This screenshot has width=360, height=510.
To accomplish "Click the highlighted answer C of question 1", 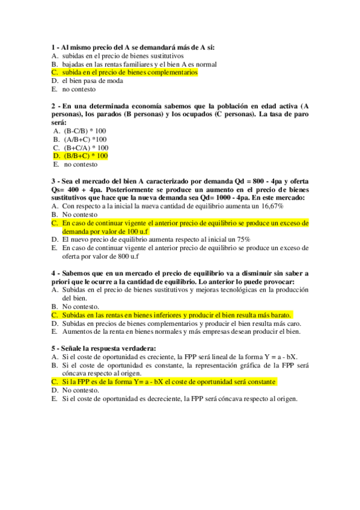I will (x=129, y=72).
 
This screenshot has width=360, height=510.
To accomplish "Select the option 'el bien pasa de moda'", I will (x=90, y=81).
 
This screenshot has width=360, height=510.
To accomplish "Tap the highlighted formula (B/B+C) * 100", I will (x=85, y=156).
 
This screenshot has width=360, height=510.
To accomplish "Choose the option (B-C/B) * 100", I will (x=85, y=131).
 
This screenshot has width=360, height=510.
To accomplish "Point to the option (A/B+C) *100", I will (x=84, y=139).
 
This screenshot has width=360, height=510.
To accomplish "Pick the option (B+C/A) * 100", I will (x=86, y=147).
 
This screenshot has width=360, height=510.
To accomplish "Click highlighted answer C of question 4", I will (x=177, y=315).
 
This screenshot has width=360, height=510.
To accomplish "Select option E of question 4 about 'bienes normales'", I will (x=180, y=331).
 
